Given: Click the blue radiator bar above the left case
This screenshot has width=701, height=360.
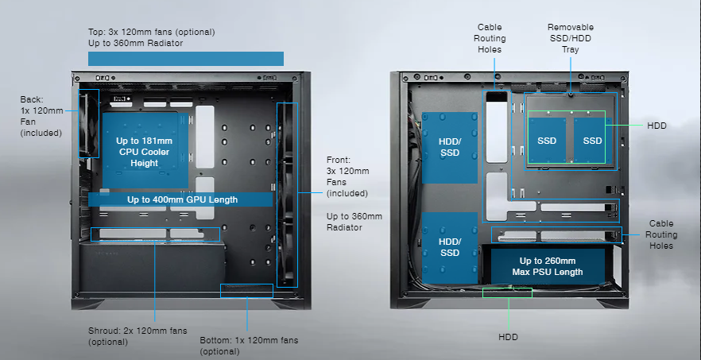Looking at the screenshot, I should tap(185, 59).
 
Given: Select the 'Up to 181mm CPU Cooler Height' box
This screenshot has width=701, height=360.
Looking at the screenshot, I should tap(145, 152).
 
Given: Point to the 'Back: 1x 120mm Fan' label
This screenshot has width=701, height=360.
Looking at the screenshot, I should tap(41, 116).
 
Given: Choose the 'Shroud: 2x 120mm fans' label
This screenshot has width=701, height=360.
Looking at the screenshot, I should tap(127, 336).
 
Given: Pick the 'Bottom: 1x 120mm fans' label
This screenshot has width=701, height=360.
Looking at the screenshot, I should tap(248, 345).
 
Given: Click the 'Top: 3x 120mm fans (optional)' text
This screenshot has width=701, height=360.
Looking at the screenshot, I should tap(151, 33).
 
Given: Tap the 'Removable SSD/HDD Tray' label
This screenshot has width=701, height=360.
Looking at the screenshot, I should tap(570, 38).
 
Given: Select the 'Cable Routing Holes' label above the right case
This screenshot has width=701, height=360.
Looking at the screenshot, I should tap(491, 38).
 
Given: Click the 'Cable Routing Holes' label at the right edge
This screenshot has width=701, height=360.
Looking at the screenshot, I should tap(662, 234).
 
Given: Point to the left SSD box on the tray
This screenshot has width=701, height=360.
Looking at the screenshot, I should tap(547, 141).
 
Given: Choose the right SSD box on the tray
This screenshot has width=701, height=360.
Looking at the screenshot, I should tap(592, 141).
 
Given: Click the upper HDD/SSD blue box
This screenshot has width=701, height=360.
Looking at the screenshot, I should tap(450, 147).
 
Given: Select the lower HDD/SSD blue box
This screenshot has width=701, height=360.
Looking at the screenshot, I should tap(450, 247).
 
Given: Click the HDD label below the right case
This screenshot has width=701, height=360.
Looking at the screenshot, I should tap(508, 337).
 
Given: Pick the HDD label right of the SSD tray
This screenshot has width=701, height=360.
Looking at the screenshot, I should tap(656, 126).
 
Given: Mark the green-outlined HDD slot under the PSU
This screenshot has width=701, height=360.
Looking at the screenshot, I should tap(507, 292).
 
